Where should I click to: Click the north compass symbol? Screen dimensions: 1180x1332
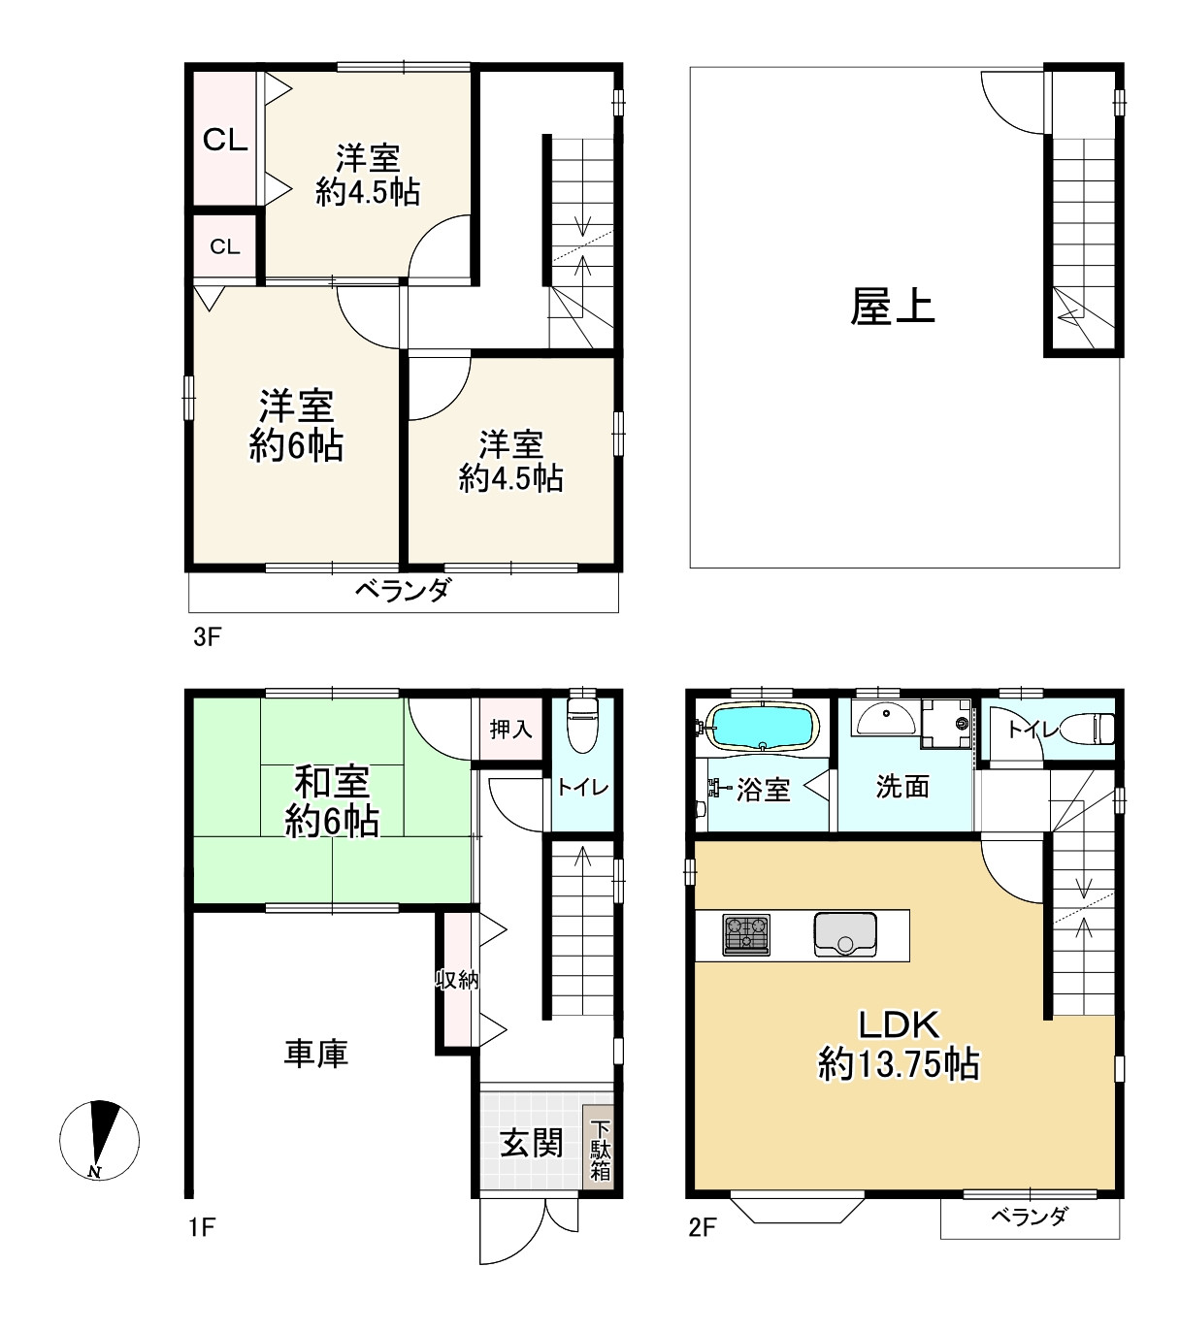99,1139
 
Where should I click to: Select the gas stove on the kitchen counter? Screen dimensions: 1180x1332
746,934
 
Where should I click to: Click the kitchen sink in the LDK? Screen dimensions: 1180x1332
845,934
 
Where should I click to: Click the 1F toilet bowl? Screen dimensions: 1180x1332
582,725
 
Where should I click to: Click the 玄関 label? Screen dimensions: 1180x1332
531,1143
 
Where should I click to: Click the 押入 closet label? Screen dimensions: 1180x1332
510,730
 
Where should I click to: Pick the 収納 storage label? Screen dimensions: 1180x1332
456,980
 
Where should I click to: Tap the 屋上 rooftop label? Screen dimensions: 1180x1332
892,307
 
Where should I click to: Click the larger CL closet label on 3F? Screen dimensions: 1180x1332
225,140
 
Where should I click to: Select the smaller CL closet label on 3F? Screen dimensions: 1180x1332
225,246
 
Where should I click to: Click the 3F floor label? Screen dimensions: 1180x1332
208,636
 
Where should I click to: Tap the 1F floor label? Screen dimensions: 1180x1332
202,1227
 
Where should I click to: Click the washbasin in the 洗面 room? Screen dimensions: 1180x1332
886,718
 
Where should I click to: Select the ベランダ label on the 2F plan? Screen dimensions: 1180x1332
1030,1217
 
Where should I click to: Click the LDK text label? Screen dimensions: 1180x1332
900,1024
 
